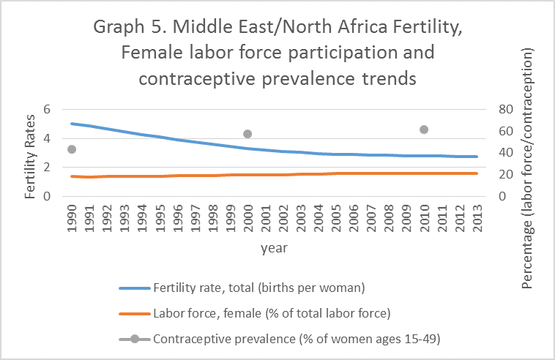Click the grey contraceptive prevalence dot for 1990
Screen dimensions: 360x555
pyautogui.click(x=72, y=149)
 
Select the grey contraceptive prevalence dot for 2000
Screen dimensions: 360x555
pyautogui.click(x=247, y=134)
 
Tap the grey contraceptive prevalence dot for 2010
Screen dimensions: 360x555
pyautogui.click(x=423, y=130)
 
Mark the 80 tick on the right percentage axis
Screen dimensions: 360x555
pyautogui.click(x=505, y=109)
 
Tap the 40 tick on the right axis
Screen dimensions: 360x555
pyautogui.click(x=505, y=153)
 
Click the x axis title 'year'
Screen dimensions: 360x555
pyautogui.click(x=274, y=248)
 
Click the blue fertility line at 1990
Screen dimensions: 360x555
pyautogui.click(x=72, y=124)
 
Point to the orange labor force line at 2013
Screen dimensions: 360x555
pyautogui.click(x=476, y=173)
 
